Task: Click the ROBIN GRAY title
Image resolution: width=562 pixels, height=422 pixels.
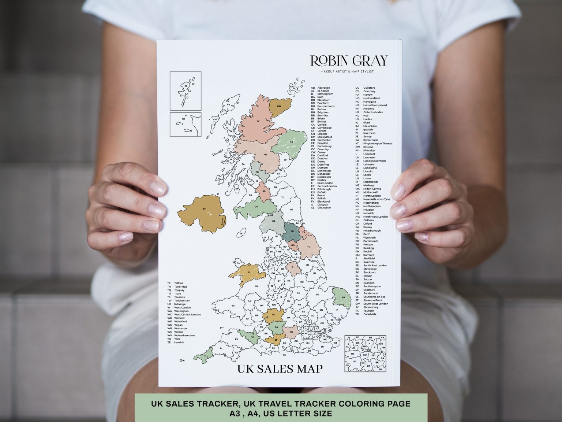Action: [348, 61]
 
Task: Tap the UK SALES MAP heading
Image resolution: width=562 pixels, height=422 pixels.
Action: [280, 368]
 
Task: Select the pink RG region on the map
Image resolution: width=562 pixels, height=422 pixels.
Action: [291, 332]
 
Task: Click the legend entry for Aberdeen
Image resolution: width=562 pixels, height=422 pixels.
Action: [321, 88]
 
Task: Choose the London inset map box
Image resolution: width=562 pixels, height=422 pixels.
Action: [365, 353]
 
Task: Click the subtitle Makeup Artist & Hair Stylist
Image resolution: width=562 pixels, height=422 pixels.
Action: [346, 71]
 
